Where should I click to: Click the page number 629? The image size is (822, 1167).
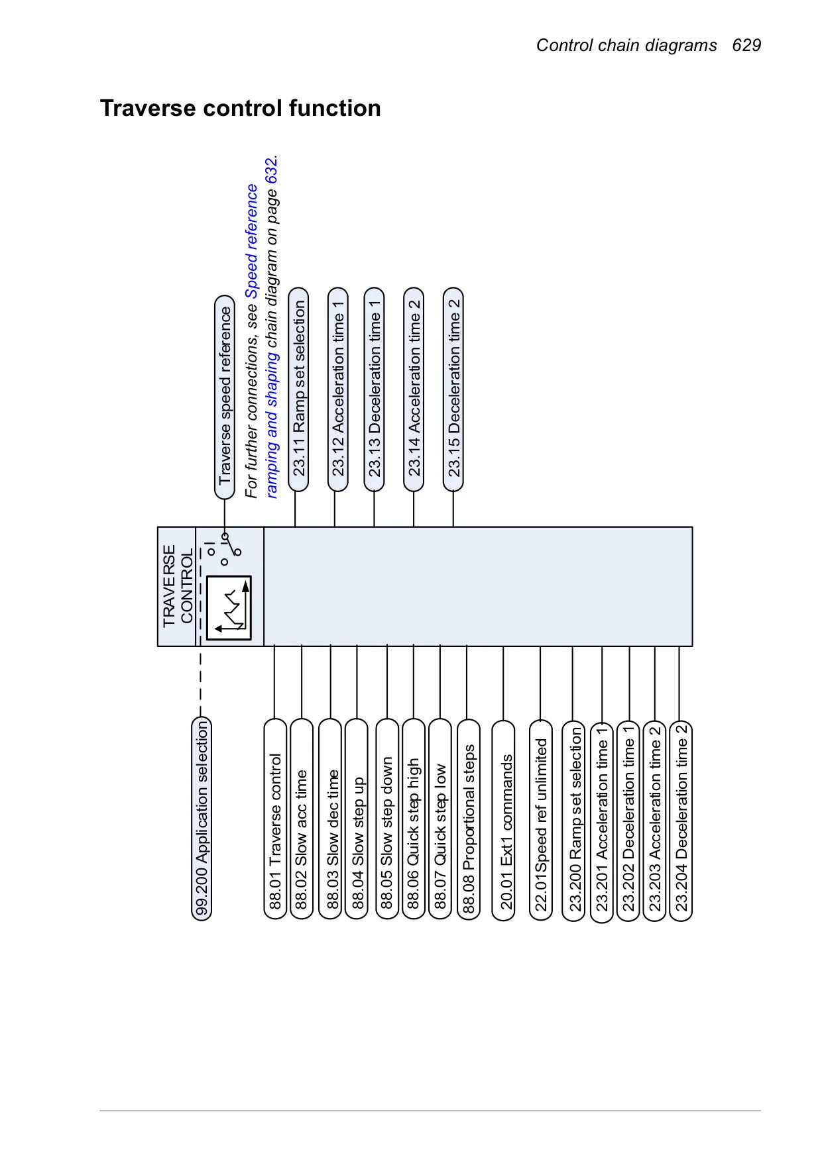coord(746,45)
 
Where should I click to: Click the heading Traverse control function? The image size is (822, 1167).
coord(241,108)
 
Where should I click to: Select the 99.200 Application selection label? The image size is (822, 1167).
coord(202,818)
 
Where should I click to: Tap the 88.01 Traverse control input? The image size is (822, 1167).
coord(275,819)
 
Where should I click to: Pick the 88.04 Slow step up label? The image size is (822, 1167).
coord(357,819)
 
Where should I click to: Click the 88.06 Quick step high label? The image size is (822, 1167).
coord(414,819)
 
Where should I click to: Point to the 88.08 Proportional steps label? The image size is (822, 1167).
coord(469,819)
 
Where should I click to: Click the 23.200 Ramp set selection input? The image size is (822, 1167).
coord(574,821)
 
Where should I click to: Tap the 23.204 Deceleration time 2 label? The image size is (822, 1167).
coord(681,821)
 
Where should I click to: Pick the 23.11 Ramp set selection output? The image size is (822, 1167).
coord(299,389)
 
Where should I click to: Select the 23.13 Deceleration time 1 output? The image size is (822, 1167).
coord(375,389)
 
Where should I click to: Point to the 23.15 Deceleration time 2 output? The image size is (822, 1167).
coord(453,389)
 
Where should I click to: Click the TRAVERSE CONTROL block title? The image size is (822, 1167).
coord(178,585)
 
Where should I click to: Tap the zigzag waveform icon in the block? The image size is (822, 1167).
coord(229,607)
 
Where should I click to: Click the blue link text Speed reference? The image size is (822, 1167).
coord(252,241)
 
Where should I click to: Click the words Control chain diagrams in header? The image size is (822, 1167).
coord(626,45)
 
